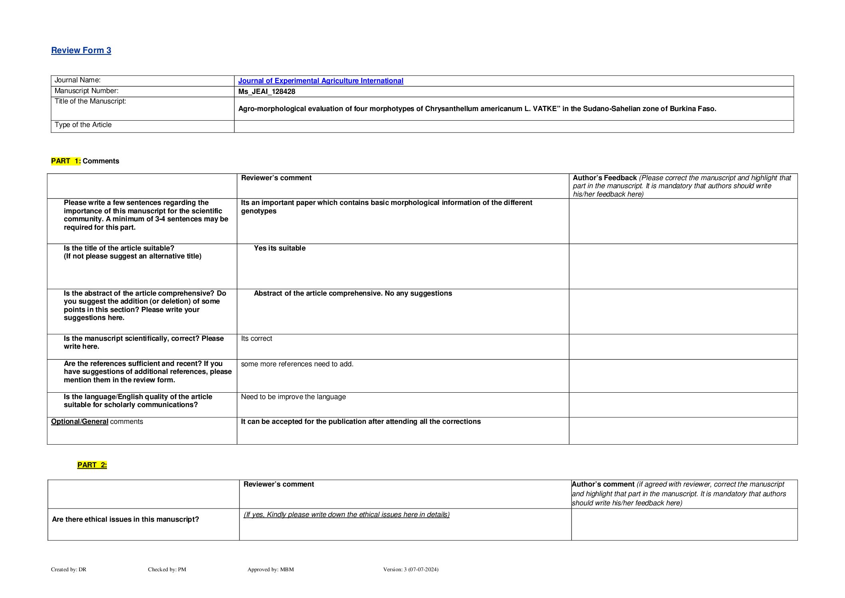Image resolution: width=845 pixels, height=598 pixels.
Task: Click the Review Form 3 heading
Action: pyautogui.click(x=81, y=50)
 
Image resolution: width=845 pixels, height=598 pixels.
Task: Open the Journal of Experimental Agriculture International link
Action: pyautogui.click(x=321, y=81)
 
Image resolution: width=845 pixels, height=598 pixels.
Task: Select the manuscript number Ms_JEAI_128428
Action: pyautogui.click(x=267, y=91)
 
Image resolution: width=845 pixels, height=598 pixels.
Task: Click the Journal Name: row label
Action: pyautogui.click(x=77, y=80)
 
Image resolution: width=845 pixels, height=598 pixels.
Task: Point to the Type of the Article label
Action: pyautogui.click(x=83, y=125)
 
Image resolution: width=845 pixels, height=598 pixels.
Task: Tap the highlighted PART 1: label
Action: pyautogui.click(x=66, y=161)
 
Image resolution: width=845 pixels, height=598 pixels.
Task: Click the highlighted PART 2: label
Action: pyautogui.click(x=92, y=465)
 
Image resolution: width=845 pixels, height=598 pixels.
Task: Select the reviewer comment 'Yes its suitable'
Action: pyautogui.click(x=279, y=248)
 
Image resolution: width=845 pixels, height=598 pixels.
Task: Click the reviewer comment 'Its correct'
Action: pyautogui.click(x=256, y=338)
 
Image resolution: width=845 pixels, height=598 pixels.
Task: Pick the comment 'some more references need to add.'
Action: pyautogui.click(x=297, y=364)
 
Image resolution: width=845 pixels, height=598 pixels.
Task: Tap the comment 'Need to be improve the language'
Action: pyautogui.click(x=293, y=397)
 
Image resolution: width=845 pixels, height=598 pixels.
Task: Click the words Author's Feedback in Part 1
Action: pyautogui.click(x=604, y=178)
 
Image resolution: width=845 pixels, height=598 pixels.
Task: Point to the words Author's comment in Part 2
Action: pyautogui.click(x=603, y=484)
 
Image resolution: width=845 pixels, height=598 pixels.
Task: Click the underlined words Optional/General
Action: pyautogui.click(x=79, y=421)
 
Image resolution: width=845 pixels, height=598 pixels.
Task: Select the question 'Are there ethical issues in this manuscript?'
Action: pyautogui.click(x=125, y=519)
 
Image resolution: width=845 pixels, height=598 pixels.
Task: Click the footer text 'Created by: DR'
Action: pyautogui.click(x=69, y=569)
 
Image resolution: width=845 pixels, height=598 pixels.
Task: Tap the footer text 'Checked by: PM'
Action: pyautogui.click(x=167, y=569)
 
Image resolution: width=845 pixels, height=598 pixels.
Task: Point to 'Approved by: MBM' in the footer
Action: pyautogui.click(x=270, y=569)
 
